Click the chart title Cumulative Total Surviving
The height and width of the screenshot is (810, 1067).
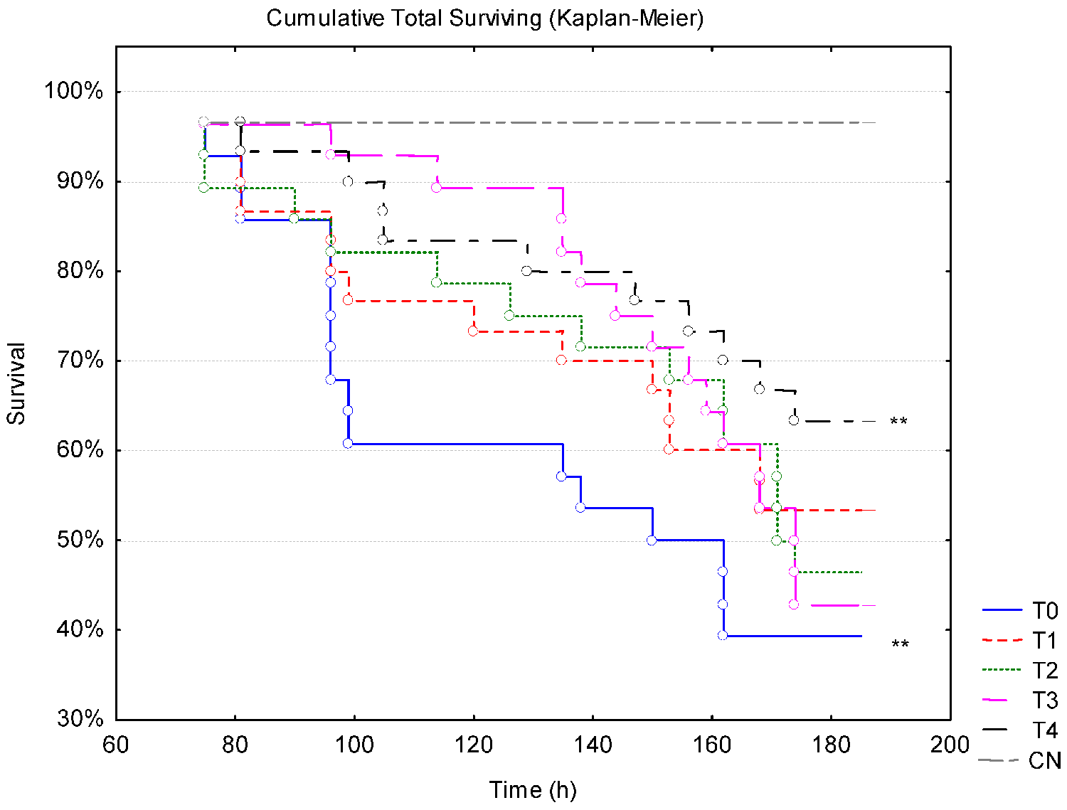485,18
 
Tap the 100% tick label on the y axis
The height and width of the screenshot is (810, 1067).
73,91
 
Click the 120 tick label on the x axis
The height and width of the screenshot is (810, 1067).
474,745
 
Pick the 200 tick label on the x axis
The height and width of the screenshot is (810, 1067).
950,745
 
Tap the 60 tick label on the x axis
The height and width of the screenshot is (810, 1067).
116,745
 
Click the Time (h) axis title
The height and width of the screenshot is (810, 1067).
533,789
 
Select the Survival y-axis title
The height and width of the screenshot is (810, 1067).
16,384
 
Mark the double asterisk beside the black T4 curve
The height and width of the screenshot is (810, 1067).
898,422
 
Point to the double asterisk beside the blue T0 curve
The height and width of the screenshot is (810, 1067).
900,645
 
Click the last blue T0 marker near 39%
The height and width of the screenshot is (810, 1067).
723,635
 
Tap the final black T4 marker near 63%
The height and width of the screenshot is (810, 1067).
794,420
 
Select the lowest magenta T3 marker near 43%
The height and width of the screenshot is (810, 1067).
794,604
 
